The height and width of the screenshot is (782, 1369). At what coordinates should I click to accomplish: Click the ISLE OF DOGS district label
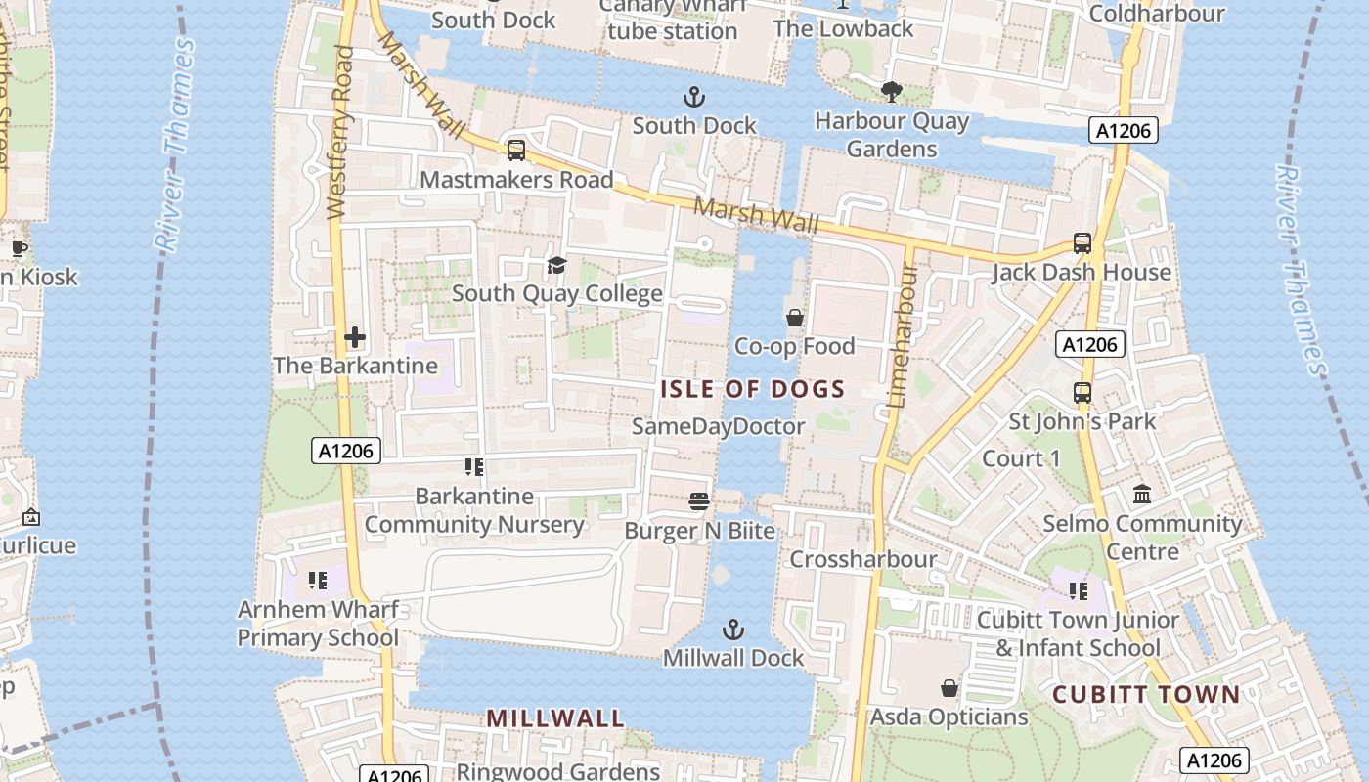pyautogui.click(x=752, y=389)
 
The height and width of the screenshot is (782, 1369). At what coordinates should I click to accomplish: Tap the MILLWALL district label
pyautogui.click(x=554, y=717)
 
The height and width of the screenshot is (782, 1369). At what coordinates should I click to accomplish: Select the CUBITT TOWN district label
pyautogui.click(x=1145, y=695)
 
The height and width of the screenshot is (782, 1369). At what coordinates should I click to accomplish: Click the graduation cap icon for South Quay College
pyautogui.click(x=556, y=265)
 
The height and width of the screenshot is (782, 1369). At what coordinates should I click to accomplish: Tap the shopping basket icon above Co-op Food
pyautogui.click(x=795, y=318)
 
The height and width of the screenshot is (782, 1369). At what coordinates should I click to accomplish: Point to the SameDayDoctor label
pyautogui.click(x=718, y=426)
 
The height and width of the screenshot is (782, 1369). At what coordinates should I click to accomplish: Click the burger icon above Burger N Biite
pyautogui.click(x=698, y=501)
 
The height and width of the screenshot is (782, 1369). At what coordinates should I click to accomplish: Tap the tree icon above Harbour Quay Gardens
pyautogui.click(x=891, y=92)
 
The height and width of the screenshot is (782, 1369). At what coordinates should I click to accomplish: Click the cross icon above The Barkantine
pyautogui.click(x=355, y=338)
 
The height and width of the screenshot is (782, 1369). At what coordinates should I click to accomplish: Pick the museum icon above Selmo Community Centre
pyautogui.click(x=1142, y=494)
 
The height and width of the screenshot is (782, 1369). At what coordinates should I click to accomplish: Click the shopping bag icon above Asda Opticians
pyautogui.click(x=949, y=688)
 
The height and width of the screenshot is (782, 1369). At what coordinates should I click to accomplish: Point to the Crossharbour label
pyautogui.click(x=862, y=559)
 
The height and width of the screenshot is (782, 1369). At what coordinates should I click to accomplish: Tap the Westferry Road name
pyautogui.click(x=339, y=132)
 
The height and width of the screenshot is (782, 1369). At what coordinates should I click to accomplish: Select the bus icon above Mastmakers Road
pyautogui.click(x=515, y=151)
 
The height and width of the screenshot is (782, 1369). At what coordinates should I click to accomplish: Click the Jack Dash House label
pyautogui.click(x=1081, y=272)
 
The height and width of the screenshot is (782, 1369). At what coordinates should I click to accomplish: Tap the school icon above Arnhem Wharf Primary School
pyautogui.click(x=317, y=581)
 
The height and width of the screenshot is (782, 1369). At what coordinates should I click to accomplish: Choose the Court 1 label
pyautogui.click(x=1020, y=458)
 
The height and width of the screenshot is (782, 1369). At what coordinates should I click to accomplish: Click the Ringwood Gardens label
pyautogui.click(x=557, y=771)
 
